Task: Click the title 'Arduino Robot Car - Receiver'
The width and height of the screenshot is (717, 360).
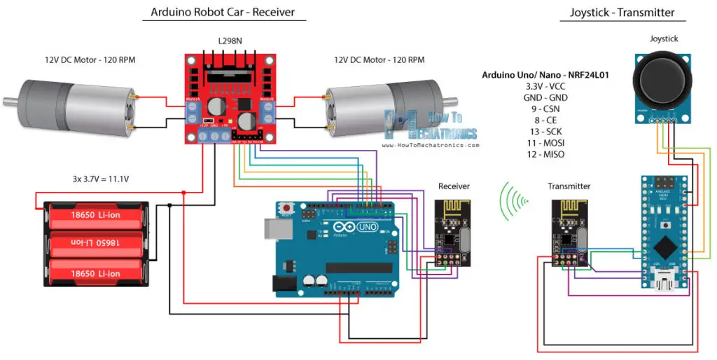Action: tap(223, 12)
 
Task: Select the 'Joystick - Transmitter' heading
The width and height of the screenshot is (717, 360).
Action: tap(622, 12)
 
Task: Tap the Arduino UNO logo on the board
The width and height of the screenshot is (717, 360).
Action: tap(355, 228)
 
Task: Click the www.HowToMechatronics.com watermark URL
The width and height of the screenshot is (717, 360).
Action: tap(431, 146)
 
